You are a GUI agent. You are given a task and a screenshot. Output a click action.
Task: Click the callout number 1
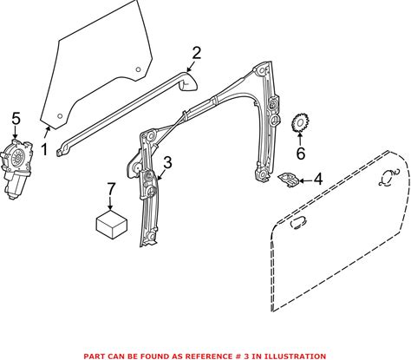click(x=44, y=150)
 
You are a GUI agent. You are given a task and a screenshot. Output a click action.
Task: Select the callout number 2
click(x=196, y=54)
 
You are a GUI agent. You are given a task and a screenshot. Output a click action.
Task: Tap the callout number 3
click(x=167, y=162)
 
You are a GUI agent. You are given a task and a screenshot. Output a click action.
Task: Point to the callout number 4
click(x=318, y=179)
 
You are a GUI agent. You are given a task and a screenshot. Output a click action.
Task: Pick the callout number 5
click(x=16, y=119)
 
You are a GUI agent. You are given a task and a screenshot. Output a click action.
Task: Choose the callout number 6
click(x=301, y=154)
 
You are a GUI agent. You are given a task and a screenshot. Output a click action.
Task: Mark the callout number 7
click(x=111, y=189)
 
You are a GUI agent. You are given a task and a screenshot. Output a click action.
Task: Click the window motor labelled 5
click(x=16, y=168)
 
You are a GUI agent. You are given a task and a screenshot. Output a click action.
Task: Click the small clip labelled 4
click(x=288, y=180)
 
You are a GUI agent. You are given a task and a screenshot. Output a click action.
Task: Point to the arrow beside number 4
click(x=306, y=181)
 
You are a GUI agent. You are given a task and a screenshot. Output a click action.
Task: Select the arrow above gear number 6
click(x=300, y=140)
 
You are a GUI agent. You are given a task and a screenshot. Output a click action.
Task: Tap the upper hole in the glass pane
click(x=138, y=69)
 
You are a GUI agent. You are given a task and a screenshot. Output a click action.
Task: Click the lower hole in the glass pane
click(x=60, y=116)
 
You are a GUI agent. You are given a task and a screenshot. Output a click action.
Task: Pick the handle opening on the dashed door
click(x=298, y=223)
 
